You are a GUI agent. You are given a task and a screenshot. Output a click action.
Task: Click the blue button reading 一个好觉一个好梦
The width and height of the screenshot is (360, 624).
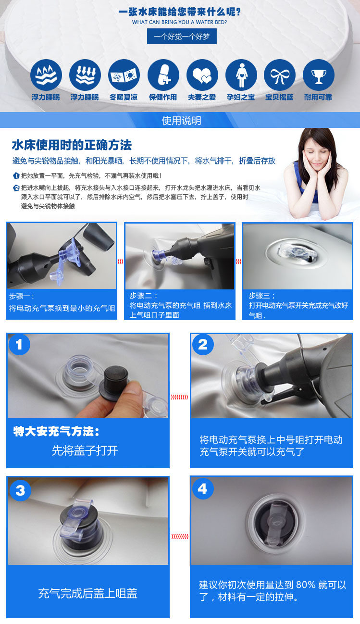pyautogui.click(x=182, y=37)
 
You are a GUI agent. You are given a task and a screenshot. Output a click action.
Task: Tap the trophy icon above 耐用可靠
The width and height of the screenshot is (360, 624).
pyautogui.click(x=319, y=75)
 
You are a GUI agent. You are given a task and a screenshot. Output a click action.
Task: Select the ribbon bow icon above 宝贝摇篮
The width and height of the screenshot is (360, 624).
pyautogui.click(x=280, y=75)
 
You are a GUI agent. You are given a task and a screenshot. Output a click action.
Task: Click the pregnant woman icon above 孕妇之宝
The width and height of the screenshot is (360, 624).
pyautogui.click(x=241, y=75)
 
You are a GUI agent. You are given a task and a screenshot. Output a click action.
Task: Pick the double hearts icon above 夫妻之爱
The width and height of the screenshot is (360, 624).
pyautogui.click(x=202, y=75)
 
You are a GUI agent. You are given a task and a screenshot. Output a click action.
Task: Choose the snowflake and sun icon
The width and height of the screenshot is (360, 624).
pyautogui.click(x=124, y=75)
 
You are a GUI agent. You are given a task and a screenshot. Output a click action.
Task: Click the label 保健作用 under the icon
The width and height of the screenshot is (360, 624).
pyautogui.click(x=163, y=97)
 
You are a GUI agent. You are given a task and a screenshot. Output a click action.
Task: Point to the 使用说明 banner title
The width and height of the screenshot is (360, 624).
pyautogui.click(x=181, y=121)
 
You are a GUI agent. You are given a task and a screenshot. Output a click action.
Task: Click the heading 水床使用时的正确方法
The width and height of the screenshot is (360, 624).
pyautogui.click(x=72, y=145)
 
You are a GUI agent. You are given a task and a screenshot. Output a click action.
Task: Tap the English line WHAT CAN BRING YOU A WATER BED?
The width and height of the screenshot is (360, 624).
pyautogui.click(x=180, y=22)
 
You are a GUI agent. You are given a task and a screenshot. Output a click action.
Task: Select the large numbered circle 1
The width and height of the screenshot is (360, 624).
pyautogui.click(x=19, y=345)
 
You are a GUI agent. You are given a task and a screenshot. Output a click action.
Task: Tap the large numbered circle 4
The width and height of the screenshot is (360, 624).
pyautogui.click(x=202, y=488)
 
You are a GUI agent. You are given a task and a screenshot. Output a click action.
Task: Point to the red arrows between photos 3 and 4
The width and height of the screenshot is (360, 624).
pyautogui.click(x=180, y=537)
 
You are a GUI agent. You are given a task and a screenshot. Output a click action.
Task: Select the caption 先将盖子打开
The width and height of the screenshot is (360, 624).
pyautogui.click(x=85, y=450)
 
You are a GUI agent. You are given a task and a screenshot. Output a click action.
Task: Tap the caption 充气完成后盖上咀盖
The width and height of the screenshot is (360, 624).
pyautogui.click(x=87, y=593)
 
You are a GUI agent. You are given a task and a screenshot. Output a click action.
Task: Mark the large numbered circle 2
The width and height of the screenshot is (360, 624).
pyautogui.click(x=203, y=345)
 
